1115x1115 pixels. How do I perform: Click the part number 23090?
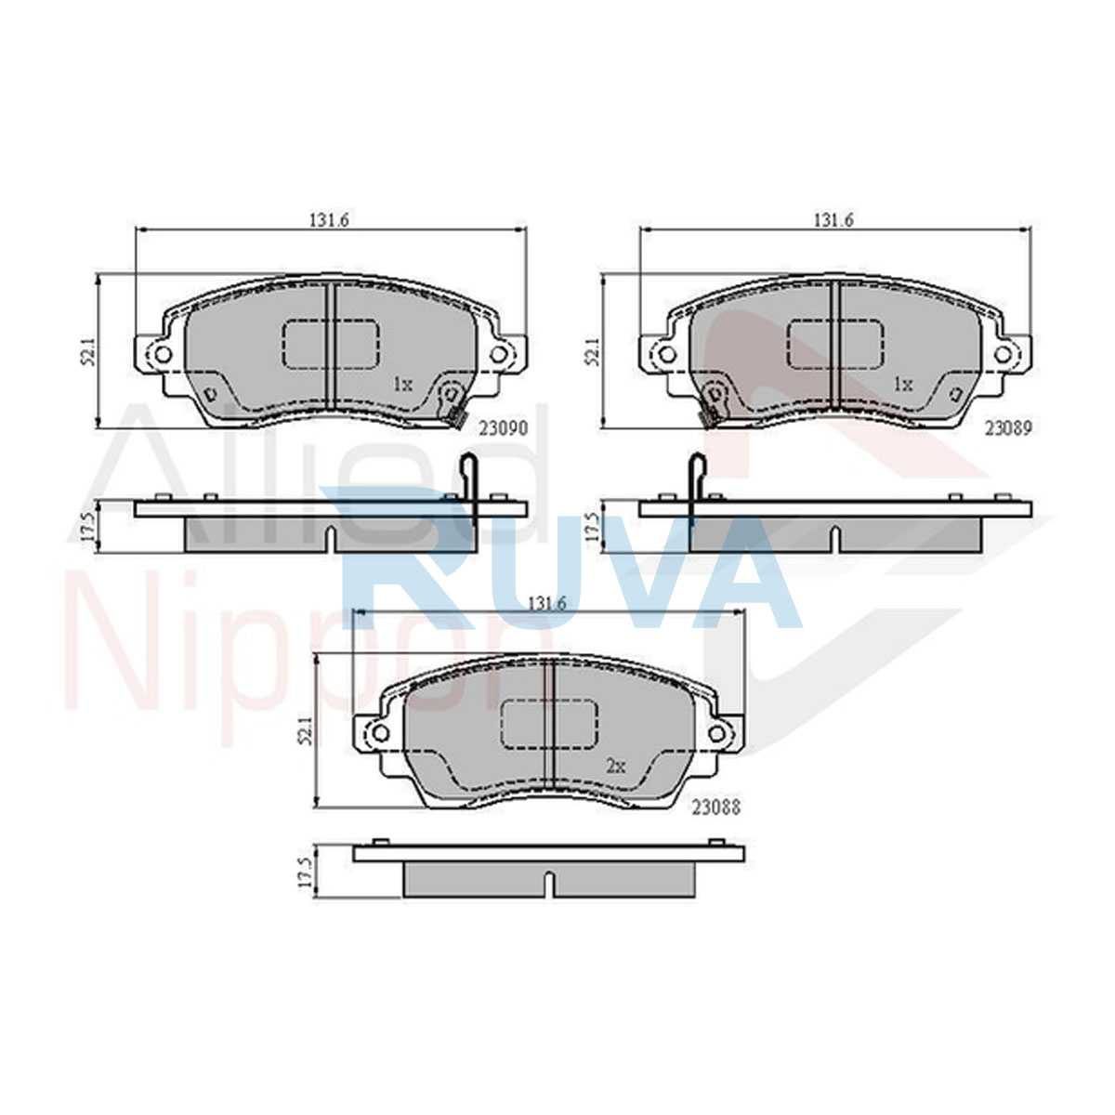point(504,428)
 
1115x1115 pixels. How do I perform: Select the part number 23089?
point(1008,427)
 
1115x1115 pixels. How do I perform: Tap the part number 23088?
point(716,807)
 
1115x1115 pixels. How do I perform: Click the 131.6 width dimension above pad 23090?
point(330,220)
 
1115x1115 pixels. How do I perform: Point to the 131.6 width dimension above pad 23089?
point(833,220)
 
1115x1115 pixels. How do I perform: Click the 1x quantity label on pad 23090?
point(402,384)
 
